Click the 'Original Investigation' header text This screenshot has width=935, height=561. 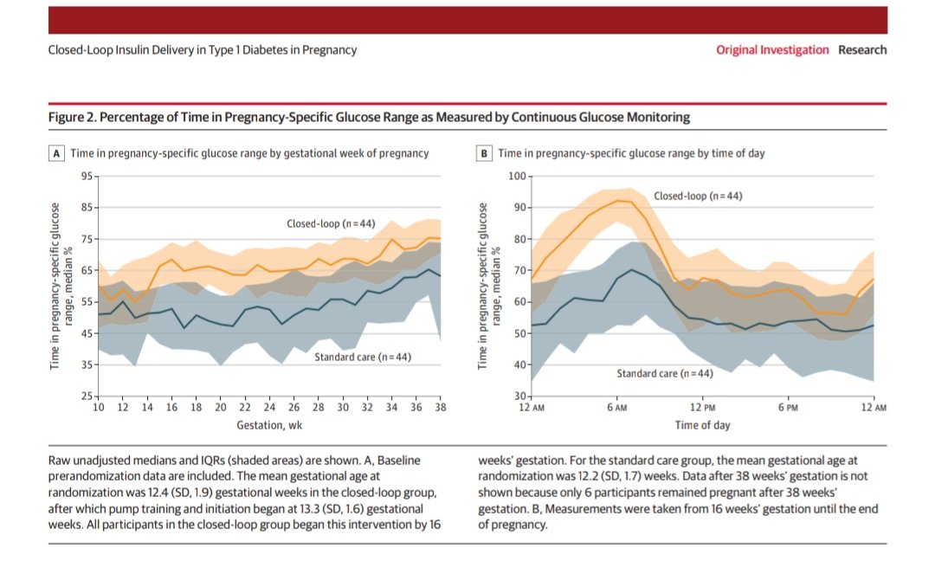(x=772, y=50)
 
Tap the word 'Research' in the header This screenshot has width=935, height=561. (x=862, y=50)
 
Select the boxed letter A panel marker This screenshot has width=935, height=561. (x=56, y=153)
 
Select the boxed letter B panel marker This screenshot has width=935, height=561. (x=485, y=153)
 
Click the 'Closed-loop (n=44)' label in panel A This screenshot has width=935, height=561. (x=331, y=223)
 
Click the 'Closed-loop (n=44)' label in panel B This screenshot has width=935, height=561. (x=698, y=197)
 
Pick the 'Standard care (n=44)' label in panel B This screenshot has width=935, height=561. (x=664, y=374)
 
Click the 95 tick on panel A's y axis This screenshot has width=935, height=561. (x=87, y=177)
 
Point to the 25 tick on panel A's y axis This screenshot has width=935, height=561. (x=87, y=397)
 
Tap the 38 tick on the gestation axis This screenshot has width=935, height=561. (x=440, y=407)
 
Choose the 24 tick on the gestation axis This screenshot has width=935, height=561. (x=269, y=407)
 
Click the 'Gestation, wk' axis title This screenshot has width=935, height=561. (x=269, y=425)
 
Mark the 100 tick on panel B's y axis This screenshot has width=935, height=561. (x=516, y=177)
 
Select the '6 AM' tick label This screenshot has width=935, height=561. (x=616, y=407)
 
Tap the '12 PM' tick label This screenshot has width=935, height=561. (x=703, y=407)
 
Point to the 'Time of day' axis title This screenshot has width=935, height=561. (x=702, y=425)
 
